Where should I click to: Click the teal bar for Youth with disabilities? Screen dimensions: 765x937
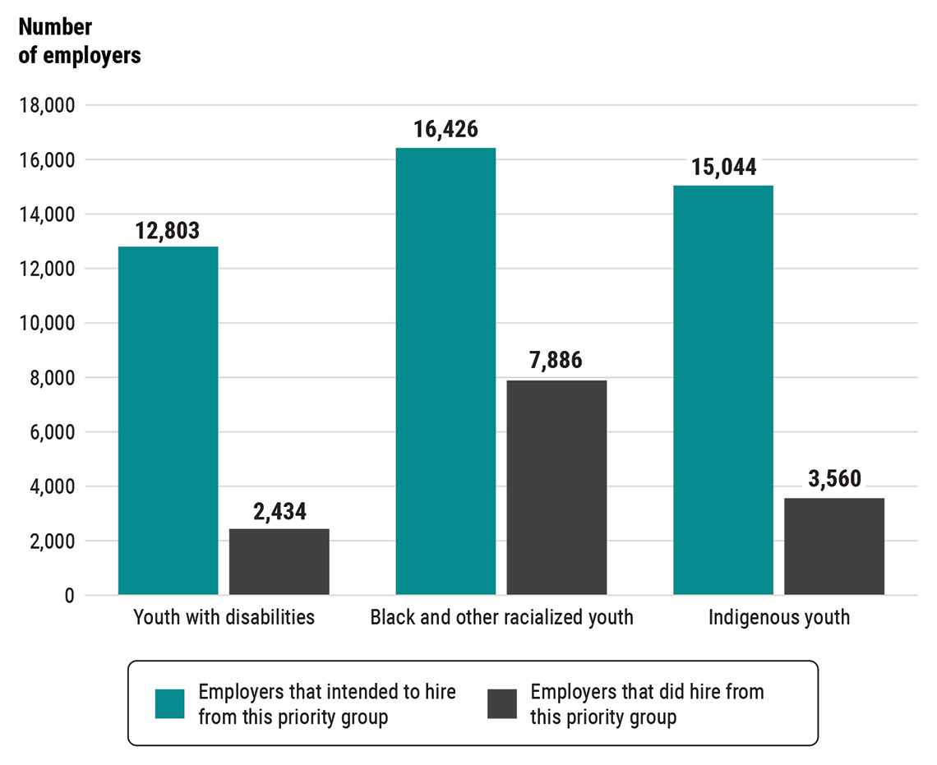coord(168,420)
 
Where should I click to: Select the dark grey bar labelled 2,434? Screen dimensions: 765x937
coord(279,561)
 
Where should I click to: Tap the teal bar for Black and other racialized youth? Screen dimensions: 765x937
coord(445,371)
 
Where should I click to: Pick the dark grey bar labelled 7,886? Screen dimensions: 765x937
coord(556,487)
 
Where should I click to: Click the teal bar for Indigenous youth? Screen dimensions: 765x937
coord(722,389)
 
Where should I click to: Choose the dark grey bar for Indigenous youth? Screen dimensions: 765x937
coord(833,546)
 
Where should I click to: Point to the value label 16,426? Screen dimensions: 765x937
coord(446,131)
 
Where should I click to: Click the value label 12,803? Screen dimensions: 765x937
coord(168,231)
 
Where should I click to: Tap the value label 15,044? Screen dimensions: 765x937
coord(723,168)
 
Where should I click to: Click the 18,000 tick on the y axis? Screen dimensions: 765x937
coord(47,105)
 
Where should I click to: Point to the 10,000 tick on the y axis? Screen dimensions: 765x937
coord(47,323)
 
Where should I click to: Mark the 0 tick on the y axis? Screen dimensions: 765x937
coord(69,595)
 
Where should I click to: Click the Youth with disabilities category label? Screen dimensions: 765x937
coord(224,617)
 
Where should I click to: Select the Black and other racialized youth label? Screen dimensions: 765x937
coord(501,617)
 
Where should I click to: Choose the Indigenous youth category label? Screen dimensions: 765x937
coord(778,617)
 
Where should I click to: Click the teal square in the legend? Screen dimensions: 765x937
coord(170,703)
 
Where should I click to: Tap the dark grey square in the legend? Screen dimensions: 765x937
coord(502,703)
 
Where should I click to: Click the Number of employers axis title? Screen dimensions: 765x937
coord(79,41)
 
